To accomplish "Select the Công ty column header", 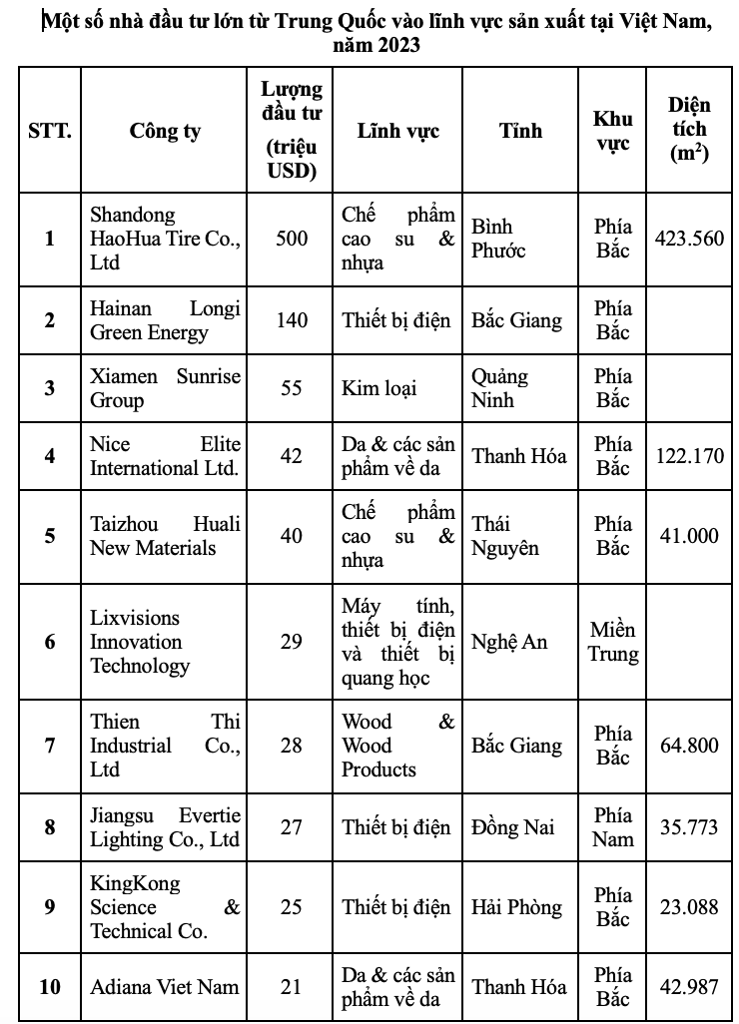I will tap(165, 131).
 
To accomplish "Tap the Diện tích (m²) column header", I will tap(689, 131).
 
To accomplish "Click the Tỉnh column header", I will tap(520, 131).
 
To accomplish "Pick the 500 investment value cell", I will tap(291, 239).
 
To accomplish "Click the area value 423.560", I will tap(689, 239).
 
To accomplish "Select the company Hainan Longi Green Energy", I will tap(165, 320).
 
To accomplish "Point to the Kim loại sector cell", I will tap(378, 387).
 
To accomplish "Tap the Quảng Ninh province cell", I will tap(500, 387).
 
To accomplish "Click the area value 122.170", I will tap(689, 455).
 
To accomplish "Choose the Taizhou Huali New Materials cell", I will tap(165, 535).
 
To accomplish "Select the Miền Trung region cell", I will tap(612, 642).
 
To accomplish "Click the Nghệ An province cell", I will tap(509, 642).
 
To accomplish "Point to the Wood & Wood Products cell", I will tap(397, 745).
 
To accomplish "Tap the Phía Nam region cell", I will tap(612, 826).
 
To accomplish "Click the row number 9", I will tap(50, 907).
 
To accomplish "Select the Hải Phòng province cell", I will tap(516, 907).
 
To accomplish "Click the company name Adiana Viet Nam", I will tap(165, 986).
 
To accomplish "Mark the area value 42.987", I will tap(689, 986).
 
